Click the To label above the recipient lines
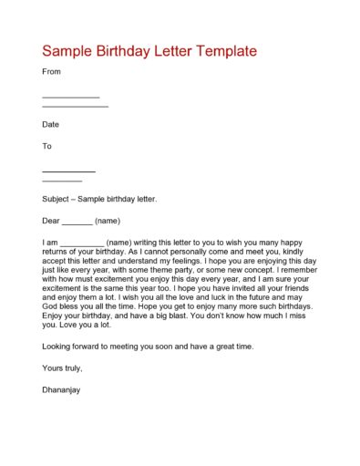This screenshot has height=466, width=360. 47,146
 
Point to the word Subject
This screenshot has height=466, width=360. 58,199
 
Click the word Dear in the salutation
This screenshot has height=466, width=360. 52,221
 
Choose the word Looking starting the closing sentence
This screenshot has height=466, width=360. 59,347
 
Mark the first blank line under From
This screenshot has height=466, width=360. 71,97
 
